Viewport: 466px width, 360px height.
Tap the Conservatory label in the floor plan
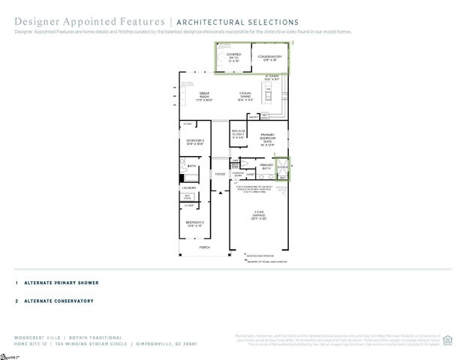pos(269,58)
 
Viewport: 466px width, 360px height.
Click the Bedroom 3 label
pos(194,142)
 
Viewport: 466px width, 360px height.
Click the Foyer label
pos(220,174)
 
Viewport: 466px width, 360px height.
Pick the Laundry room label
pos(189,188)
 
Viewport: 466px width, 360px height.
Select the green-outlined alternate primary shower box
pos(282,169)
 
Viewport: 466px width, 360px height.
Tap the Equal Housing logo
pos(448,339)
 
